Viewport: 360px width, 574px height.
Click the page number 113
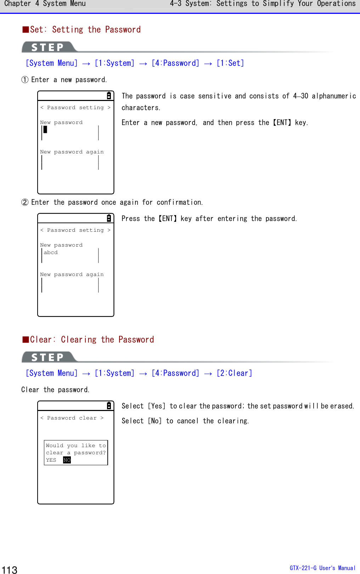[10, 569]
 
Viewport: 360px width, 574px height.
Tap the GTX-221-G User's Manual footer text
[322, 568]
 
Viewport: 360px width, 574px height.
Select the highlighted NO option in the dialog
[67, 460]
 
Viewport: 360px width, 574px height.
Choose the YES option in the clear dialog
[51, 460]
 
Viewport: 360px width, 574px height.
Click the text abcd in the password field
[51, 252]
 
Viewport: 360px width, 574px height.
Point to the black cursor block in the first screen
[45, 129]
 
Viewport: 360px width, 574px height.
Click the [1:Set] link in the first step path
[230, 63]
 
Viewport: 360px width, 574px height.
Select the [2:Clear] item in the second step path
[234, 373]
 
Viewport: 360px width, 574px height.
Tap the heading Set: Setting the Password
[82, 29]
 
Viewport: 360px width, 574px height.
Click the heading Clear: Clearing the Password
[89, 339]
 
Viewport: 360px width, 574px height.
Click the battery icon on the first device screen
[109, 96]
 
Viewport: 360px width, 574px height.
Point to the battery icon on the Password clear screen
[109, 406]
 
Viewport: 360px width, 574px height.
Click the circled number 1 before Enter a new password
[25, 80]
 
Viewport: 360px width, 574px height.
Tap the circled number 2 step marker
[25, 202]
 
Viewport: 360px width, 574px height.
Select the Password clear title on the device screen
[72, 418]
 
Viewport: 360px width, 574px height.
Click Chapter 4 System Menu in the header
[45, 4]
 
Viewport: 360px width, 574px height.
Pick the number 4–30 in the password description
[300, 96]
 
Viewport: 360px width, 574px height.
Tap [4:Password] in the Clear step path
[175, 373]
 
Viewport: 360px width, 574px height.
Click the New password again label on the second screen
[72, 274]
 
